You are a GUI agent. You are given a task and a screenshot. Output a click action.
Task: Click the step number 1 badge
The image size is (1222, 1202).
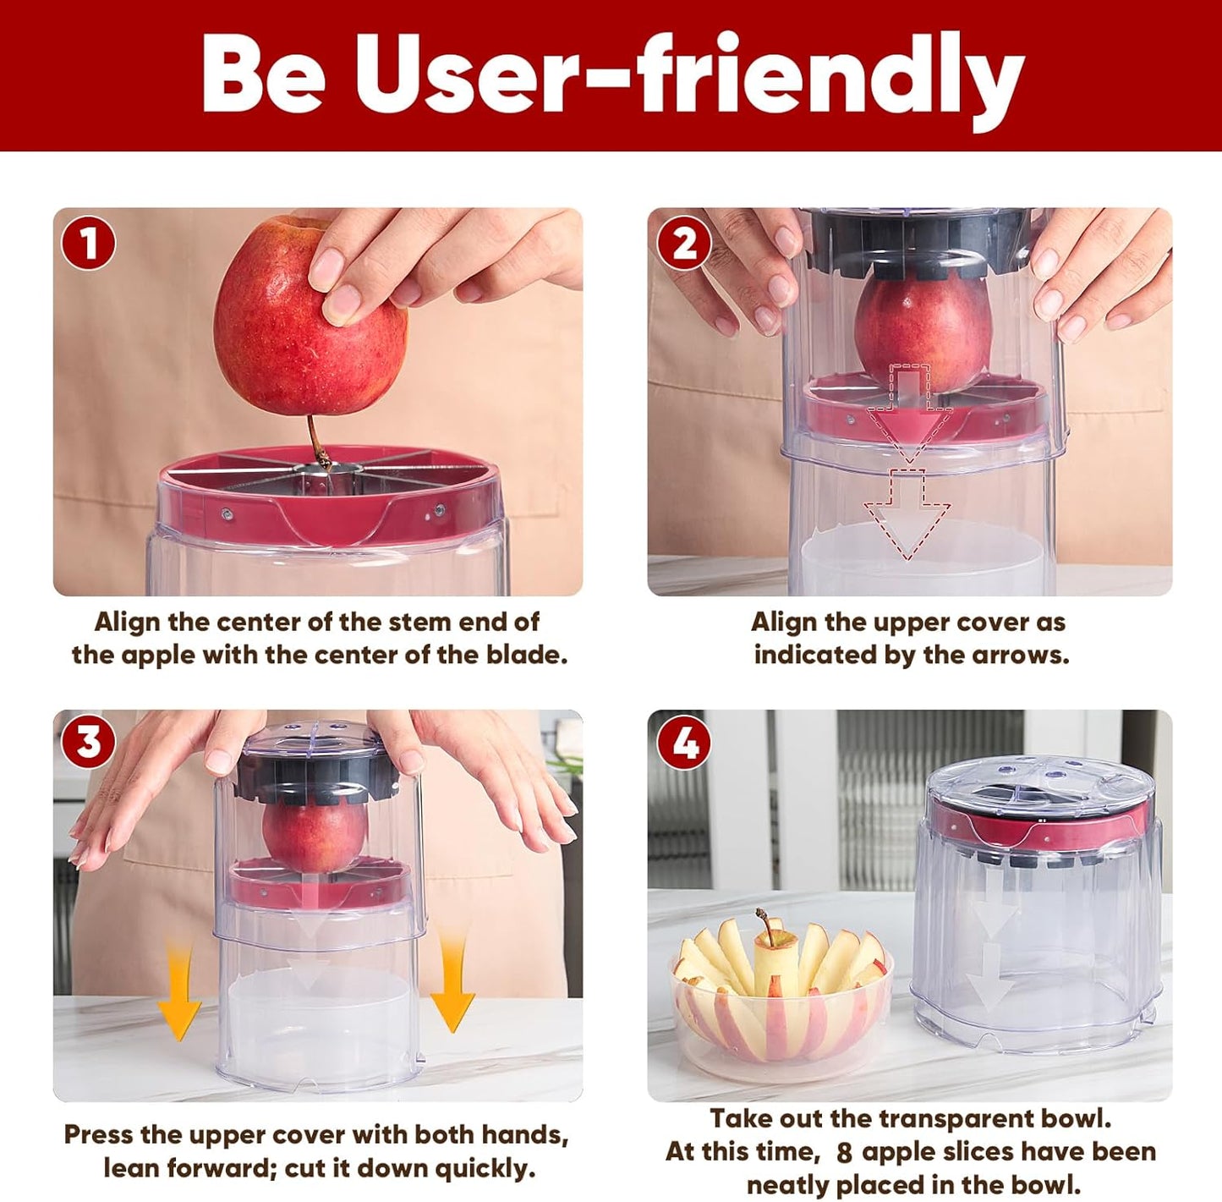coord(88,244)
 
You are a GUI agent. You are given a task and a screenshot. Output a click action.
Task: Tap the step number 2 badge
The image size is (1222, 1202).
coord(683,244)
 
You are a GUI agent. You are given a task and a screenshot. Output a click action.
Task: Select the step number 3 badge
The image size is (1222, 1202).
coord(88,743)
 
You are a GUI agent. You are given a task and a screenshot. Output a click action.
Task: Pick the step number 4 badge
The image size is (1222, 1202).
coord(683,743)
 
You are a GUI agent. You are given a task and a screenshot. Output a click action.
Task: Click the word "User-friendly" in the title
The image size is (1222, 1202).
coord(689,76)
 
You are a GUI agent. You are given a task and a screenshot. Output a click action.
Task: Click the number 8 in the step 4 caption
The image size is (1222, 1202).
coord(843,1153)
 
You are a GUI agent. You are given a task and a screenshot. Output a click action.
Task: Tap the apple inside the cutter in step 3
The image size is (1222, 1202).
coord(315,837)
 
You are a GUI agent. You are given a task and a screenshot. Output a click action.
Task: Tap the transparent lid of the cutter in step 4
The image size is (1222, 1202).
coord(1040,782)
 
